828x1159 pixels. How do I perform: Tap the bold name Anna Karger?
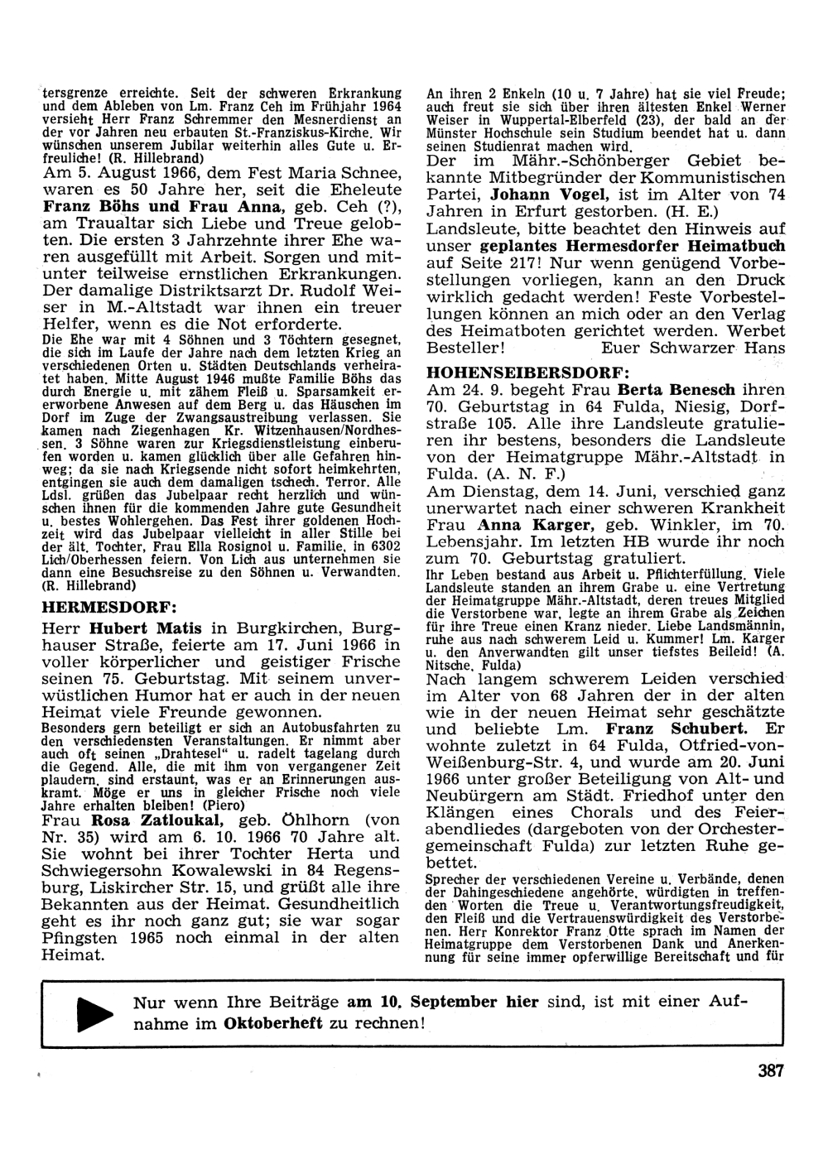tap(522, 525)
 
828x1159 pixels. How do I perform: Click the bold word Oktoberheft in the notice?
tap(273, 1023)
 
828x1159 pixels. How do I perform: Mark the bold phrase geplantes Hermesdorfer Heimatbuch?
tap(633, 247)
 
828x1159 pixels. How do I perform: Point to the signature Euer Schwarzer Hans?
tap(693, 349)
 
